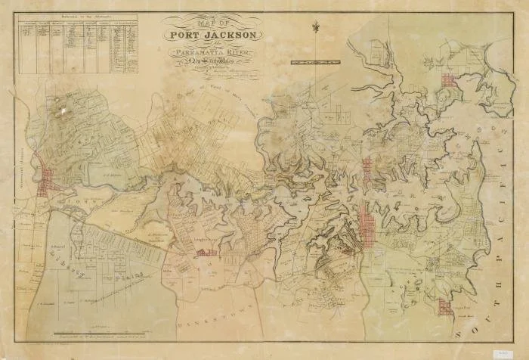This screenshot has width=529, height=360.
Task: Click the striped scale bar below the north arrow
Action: pyautogui.click(x=313, y=58)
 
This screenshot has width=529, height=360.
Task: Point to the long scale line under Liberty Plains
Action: pyautogui.click(x=113, y=288)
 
